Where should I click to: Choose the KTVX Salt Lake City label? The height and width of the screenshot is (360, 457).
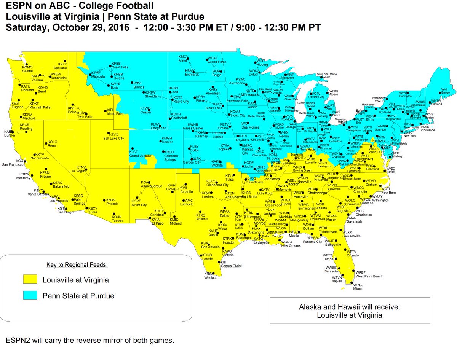click(x=116, y=137)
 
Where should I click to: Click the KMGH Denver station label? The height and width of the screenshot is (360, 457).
click(x=167, y=140)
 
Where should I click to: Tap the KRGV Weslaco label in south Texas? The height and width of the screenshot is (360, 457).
click(x=211, y=276)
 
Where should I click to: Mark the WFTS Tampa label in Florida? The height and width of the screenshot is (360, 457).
click(x=328, y=257)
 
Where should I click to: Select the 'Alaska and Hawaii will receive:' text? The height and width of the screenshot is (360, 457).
click(x=349, y=307)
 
